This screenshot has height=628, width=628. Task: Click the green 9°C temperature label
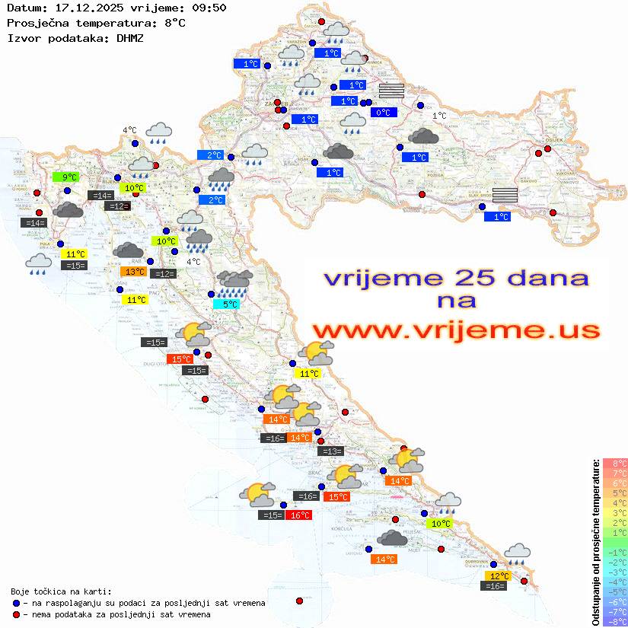[x=66, y=177]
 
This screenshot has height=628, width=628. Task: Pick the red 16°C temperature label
[x=299, y=515]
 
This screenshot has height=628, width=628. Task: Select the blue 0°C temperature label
[x=384, y=113]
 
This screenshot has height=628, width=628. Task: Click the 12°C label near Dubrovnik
[x=499, y=576]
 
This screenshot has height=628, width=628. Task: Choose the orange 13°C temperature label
[x=134, y=272]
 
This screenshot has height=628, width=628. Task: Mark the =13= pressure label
[x=331, y=451]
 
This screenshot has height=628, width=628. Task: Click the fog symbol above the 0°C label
[x=391, y=91]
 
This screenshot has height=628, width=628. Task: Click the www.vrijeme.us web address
[x=456, y=330]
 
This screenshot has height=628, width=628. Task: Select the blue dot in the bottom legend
[x=16, y=603]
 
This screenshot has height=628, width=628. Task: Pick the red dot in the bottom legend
[x=16, y=614]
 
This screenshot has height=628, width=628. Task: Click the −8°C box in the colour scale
[x=615, y=621]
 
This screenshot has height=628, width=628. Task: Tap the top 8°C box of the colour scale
[x=615, y=464]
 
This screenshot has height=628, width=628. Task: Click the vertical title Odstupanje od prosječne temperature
[x=595, y=542]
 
